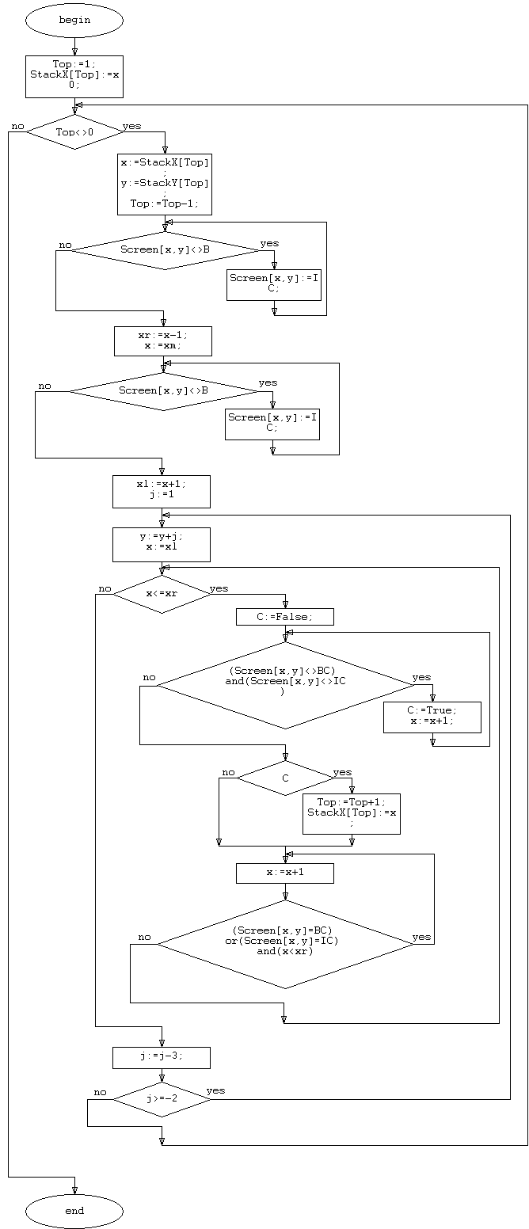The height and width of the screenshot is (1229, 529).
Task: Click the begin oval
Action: (74, 21)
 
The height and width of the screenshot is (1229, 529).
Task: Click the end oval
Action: (74, 1211)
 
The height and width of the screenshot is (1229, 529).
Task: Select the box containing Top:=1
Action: (74, 77)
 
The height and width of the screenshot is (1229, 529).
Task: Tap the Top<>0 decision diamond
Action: (74, 131)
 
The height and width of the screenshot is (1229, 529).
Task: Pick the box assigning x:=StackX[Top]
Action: (165, 184)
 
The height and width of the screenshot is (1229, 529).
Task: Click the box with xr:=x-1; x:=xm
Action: (163, 341)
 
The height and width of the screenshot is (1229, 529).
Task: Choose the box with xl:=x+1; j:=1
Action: (162, 491)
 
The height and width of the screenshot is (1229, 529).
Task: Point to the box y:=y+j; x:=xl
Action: (162, 545)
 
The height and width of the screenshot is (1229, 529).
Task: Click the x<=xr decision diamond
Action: (162, 594)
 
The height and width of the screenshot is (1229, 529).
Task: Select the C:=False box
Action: (285, 617)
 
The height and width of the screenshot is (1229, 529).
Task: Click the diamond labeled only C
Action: (285, 778)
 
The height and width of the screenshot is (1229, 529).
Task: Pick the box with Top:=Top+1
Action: (352, 813)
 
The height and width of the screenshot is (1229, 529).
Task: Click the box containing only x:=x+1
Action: (285, 873)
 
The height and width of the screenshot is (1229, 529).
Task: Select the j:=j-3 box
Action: (162, 1057)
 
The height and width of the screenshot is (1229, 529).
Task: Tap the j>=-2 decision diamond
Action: (162, 1099)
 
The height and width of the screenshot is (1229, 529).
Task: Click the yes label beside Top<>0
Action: (131, 127)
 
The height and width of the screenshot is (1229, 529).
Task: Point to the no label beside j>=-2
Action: (100, 1093)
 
